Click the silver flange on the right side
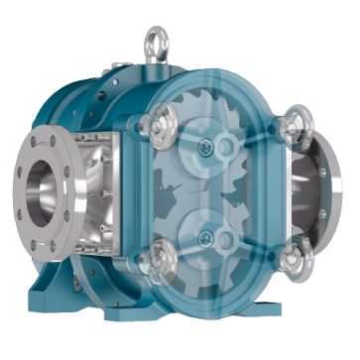pos(332,198)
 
